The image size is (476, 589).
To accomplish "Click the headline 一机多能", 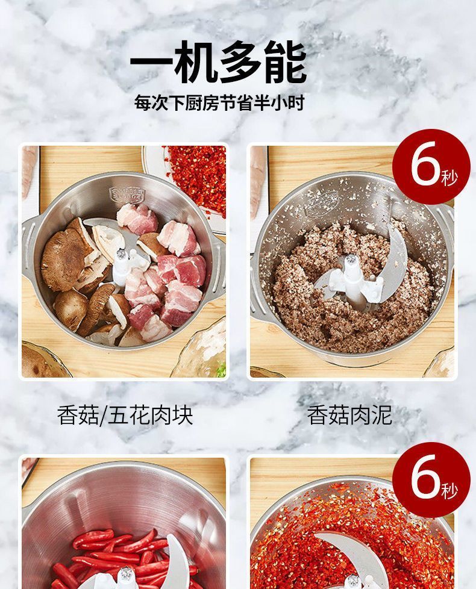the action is [x=218, y=62].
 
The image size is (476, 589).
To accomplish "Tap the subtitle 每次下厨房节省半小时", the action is [x=219, y=103].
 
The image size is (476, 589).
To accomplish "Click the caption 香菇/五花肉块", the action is [x=125, y=415].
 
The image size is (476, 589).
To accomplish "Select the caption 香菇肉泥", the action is [x=349, y=415].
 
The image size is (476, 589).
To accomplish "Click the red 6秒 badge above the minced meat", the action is [x=431, y=167].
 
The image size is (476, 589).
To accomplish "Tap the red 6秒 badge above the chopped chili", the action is [x=431, y=479].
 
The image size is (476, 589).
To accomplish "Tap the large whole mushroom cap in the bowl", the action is [x=64, y=259].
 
